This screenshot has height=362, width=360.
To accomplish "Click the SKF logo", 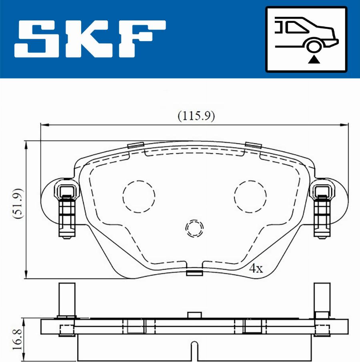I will click(90, 39).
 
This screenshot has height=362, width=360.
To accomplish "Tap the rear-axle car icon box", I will click(306, 39).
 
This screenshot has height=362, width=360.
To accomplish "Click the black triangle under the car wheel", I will click(315, 60).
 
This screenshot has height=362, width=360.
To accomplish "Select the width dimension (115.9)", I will click(196, 116).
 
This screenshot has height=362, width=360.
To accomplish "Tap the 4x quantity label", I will click(256, 268).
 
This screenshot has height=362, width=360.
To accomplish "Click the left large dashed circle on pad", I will click(138, 196).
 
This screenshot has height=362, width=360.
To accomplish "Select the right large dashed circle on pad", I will click(250, 196).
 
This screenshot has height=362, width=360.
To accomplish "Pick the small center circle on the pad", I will click(195, 228).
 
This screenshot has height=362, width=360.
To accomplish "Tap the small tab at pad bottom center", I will click(195, 273).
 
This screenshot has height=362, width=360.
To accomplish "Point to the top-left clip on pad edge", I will click(135, 145).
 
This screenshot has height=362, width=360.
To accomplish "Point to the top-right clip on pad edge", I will click(253, 145).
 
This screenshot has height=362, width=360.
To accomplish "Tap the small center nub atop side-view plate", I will click(195, 315).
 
